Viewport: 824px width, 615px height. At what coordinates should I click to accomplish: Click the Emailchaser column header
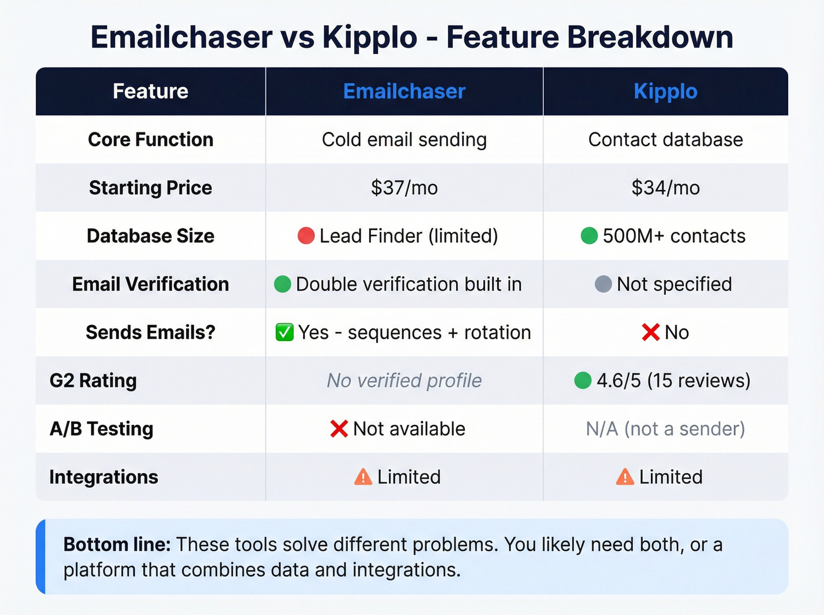tap(404, 91)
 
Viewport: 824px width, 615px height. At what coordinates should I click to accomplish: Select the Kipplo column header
tap(665, 91)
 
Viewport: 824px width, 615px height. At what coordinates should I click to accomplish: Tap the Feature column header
tap(151, 91)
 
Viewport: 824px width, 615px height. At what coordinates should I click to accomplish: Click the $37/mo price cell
tap(404, 188)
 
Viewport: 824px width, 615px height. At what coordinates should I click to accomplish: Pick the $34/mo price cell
tap(665, 188)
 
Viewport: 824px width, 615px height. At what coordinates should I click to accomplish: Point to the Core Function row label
tap(151, 139)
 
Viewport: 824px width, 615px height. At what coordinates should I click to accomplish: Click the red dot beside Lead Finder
tap(306, 236)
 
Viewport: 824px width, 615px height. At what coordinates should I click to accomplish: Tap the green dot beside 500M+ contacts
tap(589, 236)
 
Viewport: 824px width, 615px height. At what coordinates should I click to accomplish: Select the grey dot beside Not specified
tap(603, 284)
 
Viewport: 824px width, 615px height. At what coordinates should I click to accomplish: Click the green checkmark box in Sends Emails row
tap(284, 333)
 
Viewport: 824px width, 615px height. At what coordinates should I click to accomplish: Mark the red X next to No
tap(650, 333)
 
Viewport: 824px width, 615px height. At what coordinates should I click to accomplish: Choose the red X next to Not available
tap(339, 429)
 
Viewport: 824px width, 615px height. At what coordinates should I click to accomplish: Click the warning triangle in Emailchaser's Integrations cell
tap(363, 477)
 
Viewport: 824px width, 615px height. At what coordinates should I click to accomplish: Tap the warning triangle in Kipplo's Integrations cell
tap(624, 477)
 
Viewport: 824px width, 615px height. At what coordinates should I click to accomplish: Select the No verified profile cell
tap(404, 381)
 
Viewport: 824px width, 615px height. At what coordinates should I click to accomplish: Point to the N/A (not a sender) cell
tap(665, 429)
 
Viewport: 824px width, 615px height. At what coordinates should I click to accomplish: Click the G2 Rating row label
tap(93, 381)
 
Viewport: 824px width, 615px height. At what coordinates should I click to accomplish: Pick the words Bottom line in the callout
tap(117, 544)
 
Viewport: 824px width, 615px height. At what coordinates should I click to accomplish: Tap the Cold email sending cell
tap(404, 139)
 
